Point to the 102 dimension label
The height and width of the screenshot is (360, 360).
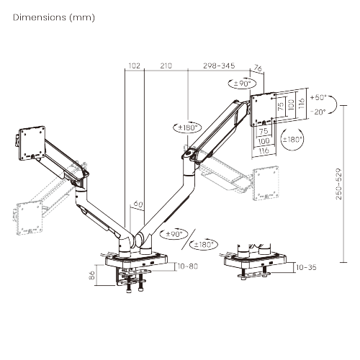click(133, 66)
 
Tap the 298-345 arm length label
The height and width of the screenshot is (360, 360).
click(220, 66)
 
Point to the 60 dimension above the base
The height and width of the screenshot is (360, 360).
click(138, 204)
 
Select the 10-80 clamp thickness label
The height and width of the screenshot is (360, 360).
click(186, 266)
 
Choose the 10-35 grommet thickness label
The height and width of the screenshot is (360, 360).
click(307, 266)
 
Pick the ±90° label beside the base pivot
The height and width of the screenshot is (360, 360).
click(176, 234)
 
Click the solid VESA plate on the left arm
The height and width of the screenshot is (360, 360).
click(30, 141)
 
